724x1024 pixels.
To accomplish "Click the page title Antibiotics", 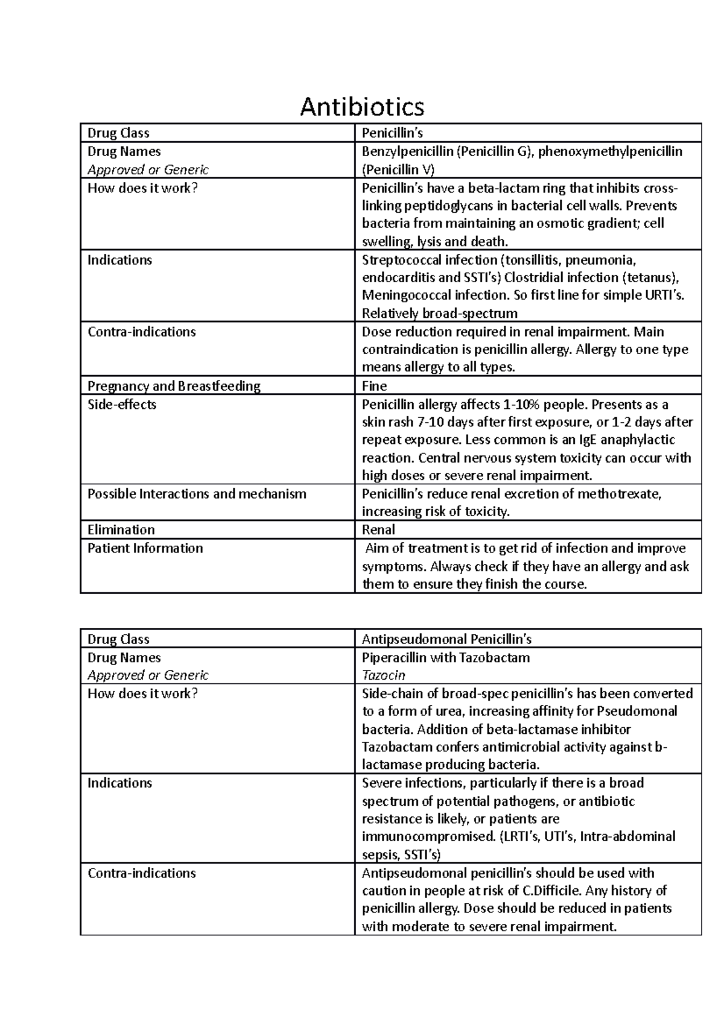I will (362, 107).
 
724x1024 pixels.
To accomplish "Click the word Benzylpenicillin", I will (407, 151).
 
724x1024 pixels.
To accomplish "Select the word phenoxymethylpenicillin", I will (610, 151).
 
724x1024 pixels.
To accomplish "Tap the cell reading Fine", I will (374, 386).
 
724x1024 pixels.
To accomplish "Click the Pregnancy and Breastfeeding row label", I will (174, 386).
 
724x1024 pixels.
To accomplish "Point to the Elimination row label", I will (121, 529).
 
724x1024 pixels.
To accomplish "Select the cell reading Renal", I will (378, 529).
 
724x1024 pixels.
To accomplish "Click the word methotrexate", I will (619, 494).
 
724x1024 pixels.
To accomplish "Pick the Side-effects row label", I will (122, 404).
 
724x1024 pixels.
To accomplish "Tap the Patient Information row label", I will (145, 548).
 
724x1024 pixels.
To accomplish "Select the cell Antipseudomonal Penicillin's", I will (446, 639).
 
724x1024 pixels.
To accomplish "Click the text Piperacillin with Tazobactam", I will (445, 657).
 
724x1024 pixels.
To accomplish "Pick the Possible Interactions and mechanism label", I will (197, 494).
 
